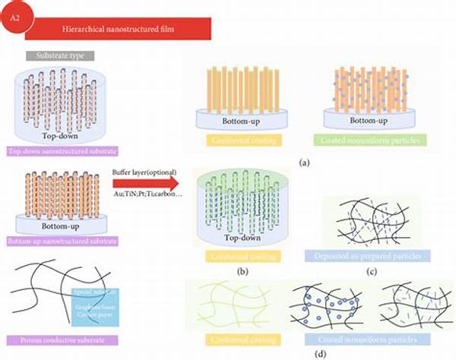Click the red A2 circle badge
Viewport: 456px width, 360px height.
pos(14,17)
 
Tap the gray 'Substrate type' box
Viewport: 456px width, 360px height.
pos(60,56)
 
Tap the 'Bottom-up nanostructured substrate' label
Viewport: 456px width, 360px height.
pos(60,242)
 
